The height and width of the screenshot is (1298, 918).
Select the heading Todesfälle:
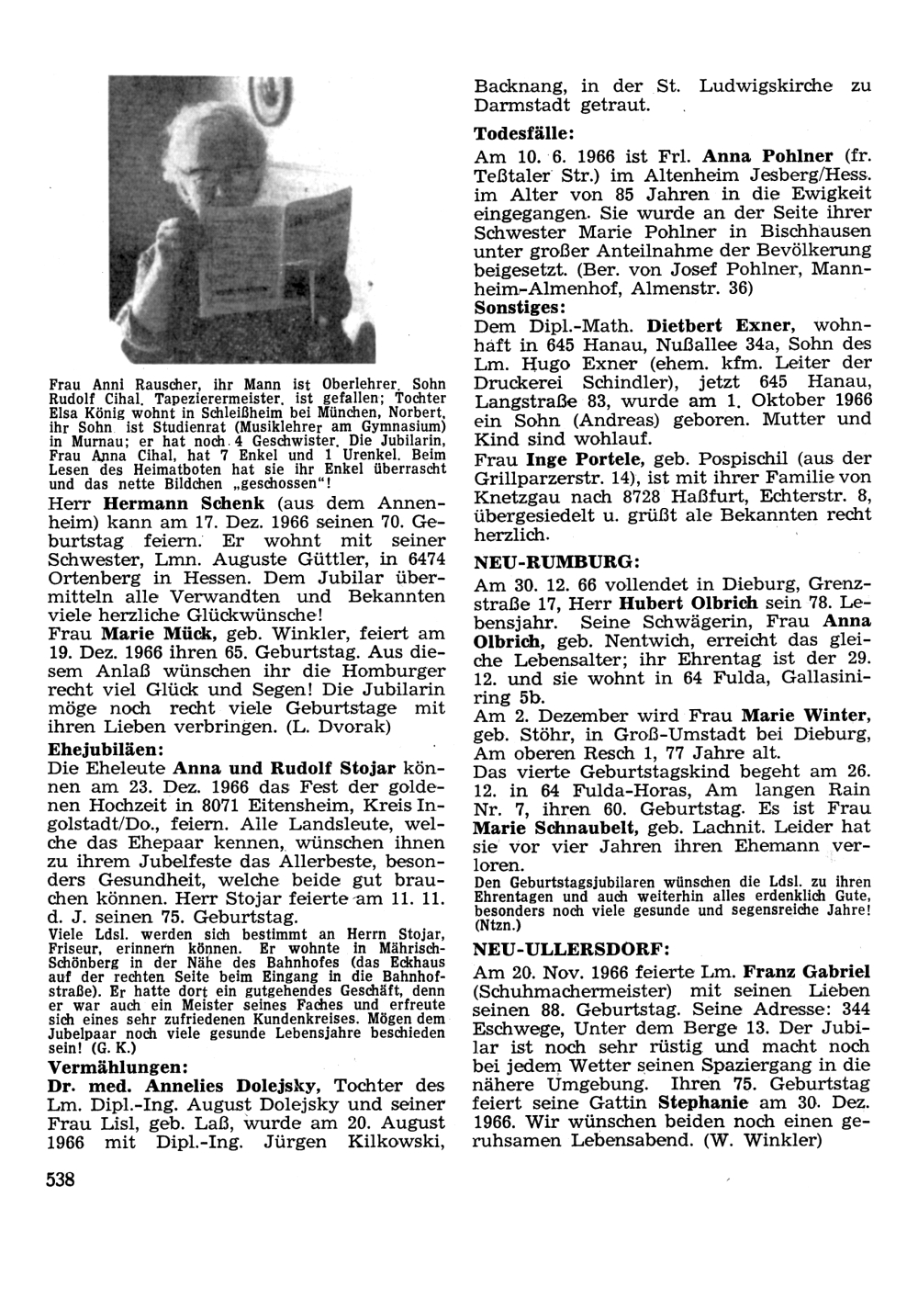point(525,132)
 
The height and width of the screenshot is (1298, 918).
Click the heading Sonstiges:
point(520,306)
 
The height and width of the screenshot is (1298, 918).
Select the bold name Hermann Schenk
point(184,503)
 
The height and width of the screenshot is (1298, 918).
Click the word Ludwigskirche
point(766,86)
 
